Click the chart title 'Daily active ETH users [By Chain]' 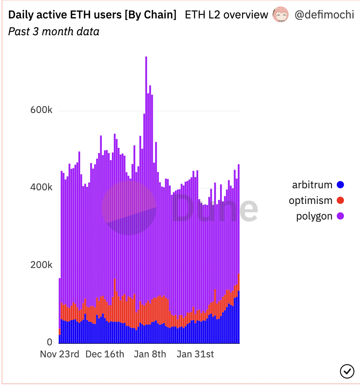(92, 15)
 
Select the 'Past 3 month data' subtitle (54, 31)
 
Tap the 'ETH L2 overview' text (226, 15)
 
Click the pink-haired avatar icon (281, 15)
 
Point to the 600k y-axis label (41, 110)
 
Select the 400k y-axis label (41, 187)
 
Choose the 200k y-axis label (41, 265)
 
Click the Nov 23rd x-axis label (60, 355)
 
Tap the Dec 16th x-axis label (105, 355)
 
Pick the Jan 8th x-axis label (150, 355)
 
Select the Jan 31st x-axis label (196, 355)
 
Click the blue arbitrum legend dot (340, 185)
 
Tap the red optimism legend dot (340, 201)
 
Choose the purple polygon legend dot (340, 216)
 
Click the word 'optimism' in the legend (311, 201)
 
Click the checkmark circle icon (347, 371)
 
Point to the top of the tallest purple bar (146, 58)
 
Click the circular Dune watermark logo (129, 208)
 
